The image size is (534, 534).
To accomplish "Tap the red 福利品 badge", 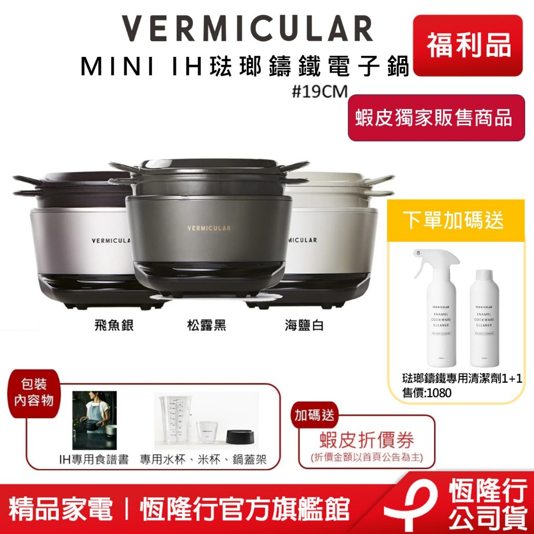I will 468,44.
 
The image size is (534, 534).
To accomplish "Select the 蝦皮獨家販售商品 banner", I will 436,118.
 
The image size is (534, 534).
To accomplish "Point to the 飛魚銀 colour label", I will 111,326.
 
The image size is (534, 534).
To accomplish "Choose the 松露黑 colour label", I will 207,326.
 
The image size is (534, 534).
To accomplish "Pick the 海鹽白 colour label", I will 305,326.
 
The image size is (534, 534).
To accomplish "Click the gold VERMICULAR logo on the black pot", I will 209,228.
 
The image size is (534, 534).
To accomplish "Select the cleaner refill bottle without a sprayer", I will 484,318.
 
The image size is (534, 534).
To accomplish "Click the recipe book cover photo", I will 94,420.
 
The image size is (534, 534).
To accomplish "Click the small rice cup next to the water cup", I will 208,432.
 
